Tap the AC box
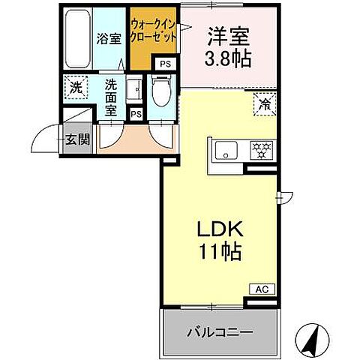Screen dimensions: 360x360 click(x=262, y=288)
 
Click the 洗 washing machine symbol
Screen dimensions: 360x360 click(x=76, y=88)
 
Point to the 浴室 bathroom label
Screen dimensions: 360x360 click(x=109, y=39)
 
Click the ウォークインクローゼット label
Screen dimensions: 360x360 click(x=153, y=31)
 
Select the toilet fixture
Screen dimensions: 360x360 click(x=161, y=94)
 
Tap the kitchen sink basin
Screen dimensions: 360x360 click(x=226, y=150)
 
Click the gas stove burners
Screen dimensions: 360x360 click(x=260, y=150)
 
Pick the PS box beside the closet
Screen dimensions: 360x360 click(x=165, y=64)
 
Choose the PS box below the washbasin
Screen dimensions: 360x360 click(x=136, y=114)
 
